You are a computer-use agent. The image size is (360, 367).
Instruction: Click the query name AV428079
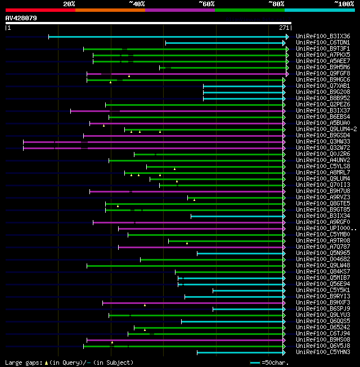[21, 18]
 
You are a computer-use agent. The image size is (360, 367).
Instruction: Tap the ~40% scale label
[137, 4]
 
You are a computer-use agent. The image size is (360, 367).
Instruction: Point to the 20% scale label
[69, 4]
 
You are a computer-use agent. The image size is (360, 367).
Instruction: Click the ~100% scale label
[344, 4]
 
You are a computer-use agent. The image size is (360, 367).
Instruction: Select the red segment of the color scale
[40, 10]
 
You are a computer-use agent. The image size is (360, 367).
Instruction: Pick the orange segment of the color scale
[110, 10]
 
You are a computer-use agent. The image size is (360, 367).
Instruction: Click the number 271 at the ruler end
[284, 28]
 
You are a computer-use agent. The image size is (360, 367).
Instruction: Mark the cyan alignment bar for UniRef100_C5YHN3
[242, 352]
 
